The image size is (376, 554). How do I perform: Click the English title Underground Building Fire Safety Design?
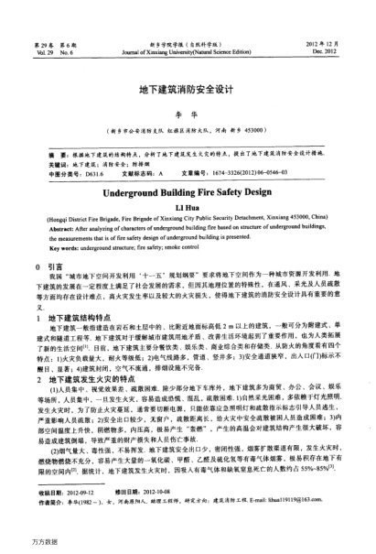point(188,170)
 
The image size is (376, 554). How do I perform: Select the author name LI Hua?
point(188,183)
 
